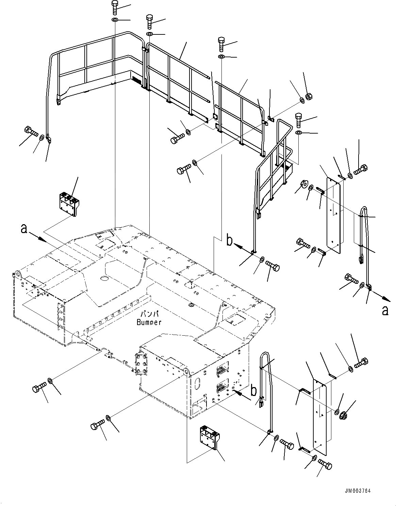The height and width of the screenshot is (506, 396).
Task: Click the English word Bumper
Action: [149, 322]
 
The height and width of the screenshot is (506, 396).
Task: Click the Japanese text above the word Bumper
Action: [149, 313]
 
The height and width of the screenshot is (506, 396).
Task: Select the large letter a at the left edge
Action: [23, 229]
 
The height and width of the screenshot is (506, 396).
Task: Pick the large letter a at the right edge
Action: [385, 310]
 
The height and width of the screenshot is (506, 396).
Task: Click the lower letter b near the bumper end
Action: [253, 390]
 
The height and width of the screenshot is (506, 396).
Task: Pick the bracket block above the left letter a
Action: [68, 204]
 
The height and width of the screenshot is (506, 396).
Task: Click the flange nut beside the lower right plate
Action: [344, 415]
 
